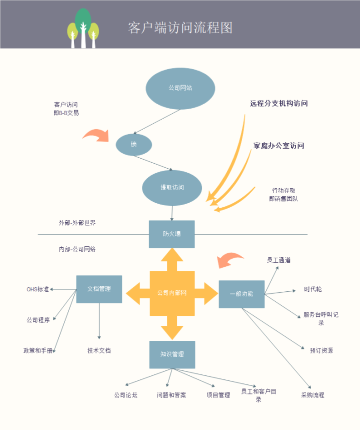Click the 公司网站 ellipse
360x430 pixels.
180,88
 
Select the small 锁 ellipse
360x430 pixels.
133,145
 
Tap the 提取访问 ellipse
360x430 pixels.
172,188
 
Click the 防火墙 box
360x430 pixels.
171,234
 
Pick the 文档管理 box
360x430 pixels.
99,289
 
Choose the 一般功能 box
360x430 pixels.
241,294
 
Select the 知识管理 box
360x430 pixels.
172,354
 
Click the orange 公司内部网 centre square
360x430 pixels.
172,293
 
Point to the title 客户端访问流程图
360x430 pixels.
180,28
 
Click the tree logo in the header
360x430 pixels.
83,29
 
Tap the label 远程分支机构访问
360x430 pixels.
278,104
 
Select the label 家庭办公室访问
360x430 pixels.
278,146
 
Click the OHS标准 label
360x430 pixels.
37,289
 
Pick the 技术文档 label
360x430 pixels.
99,350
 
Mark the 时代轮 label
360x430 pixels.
313,289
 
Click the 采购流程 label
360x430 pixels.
312,395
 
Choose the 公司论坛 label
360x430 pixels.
125,395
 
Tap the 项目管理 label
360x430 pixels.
218,395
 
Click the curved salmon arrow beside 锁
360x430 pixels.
96,135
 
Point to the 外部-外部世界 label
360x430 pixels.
77,223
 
